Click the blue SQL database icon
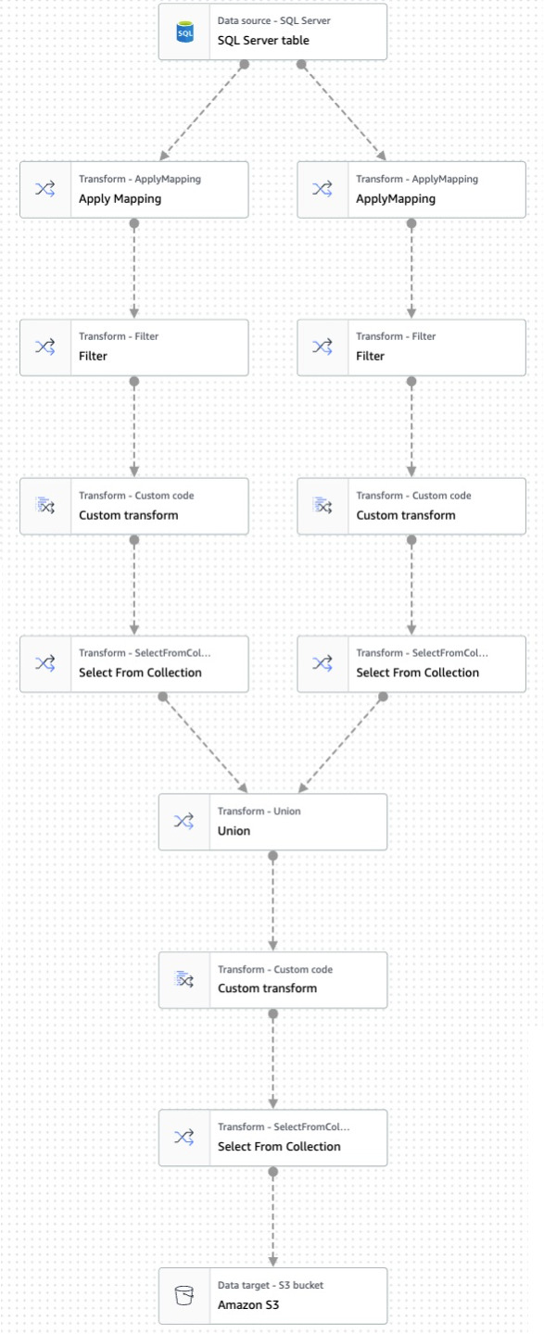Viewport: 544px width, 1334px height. [184, 32]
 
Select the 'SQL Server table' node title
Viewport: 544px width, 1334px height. [263, 41]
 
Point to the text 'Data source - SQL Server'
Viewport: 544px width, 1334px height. [273, 20]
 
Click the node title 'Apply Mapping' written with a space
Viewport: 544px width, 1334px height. [120, 199]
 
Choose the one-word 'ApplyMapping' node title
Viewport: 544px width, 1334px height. [396, 199]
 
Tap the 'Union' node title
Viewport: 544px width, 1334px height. [234, 831]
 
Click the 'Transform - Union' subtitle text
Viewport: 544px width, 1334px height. [259, 812]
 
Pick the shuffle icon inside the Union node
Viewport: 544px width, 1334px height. [183, 822]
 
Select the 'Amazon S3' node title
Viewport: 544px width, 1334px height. [247, 1304]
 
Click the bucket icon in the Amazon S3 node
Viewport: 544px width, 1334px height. [184, 1295]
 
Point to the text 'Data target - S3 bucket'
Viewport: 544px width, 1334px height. [270, 1285]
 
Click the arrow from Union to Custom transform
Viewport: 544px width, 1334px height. [272, 903]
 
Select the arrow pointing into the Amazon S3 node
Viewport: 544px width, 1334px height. [272, 1218]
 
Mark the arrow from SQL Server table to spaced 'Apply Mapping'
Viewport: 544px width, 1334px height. [203, 111]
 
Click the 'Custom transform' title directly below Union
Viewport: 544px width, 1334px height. [267, 988]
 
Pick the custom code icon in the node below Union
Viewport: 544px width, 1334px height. [184, 979]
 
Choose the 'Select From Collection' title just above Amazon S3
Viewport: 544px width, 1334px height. [279, 1147]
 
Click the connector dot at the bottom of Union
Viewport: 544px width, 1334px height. [272, 856]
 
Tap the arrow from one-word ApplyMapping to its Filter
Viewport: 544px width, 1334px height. [411, 271]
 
